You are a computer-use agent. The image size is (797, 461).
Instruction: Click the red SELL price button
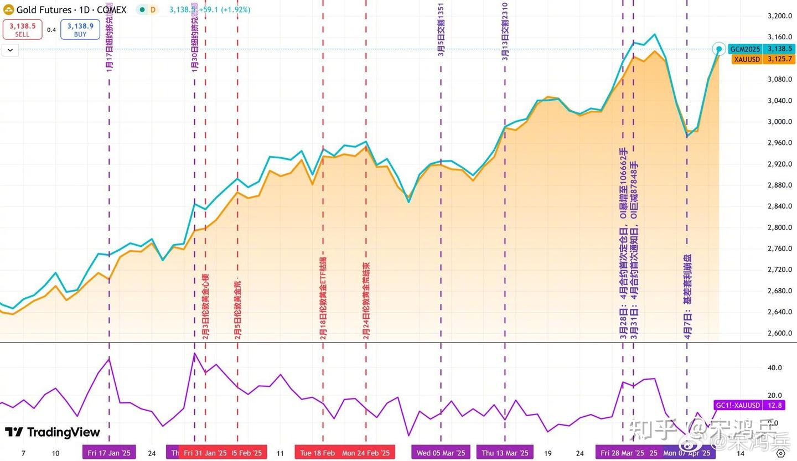22,29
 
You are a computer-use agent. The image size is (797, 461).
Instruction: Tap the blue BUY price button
80,29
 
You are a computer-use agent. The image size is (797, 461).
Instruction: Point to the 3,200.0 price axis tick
780,16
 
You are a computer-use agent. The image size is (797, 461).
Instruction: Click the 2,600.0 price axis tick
780,333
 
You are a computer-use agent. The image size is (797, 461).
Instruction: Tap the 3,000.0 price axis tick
780,122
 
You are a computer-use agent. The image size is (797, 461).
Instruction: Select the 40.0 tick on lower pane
775,367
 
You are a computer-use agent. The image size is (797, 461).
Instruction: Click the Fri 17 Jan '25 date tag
109,453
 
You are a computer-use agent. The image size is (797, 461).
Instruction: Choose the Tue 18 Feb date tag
317,453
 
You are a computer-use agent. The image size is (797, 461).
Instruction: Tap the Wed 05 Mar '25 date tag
441,453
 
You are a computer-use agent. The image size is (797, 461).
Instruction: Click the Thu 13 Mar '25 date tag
505,453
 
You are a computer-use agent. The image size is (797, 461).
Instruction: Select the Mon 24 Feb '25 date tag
365,453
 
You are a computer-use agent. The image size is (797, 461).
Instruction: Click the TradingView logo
53,432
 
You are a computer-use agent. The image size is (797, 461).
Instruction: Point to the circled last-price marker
719,49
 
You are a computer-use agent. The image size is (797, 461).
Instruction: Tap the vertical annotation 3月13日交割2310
505,31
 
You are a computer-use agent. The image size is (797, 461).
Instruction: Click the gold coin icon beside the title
8,10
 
